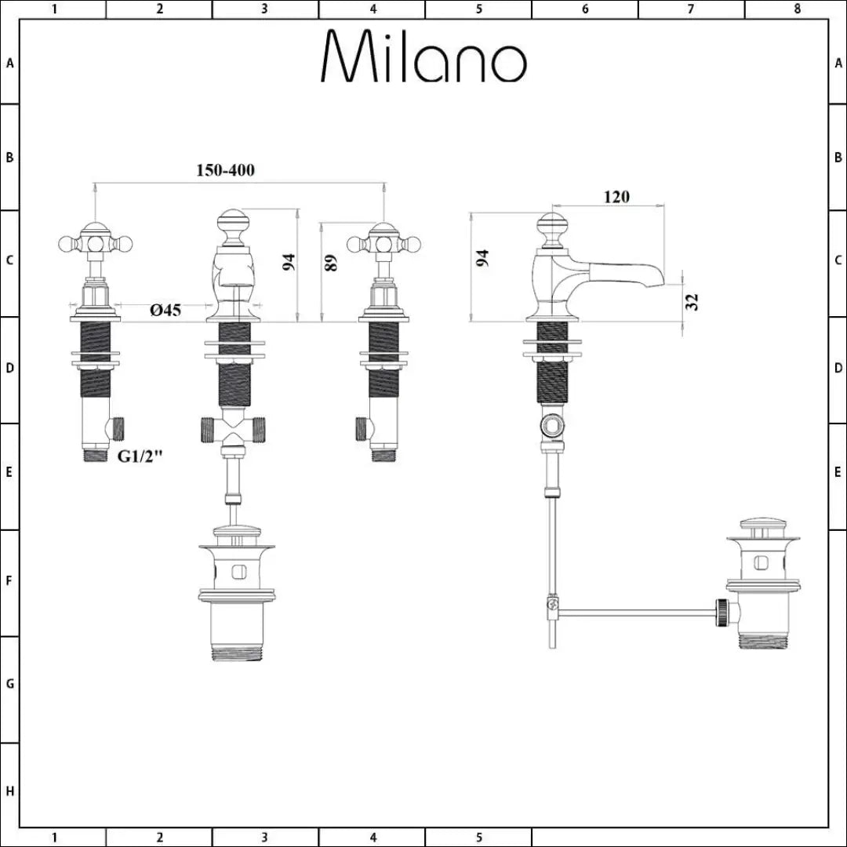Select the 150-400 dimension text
(x=225, y=170)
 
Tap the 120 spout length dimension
(x=616, y=197)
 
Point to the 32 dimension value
(x=692, y=302)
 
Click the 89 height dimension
(x=332, y=263)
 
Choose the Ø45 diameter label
(x=165, y=311)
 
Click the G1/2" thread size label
(x=140, y=457)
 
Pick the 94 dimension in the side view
(x=484, y=259)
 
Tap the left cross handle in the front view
(x=95, y=243)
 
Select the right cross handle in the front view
(x=384, y=243)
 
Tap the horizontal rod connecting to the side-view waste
(x=635, y=611)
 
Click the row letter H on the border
(x=9, y=791)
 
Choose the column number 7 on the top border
(x=691, y=9)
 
